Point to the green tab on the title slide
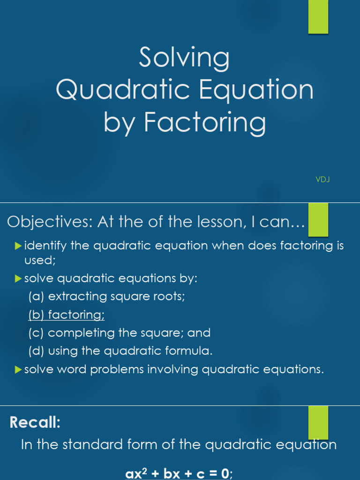318,17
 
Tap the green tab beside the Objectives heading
318,220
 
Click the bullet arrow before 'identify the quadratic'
19,245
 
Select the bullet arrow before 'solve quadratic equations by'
19,279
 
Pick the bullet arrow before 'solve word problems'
19,370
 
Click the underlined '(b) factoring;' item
66,315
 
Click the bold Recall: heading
35,423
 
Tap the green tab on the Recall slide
318,423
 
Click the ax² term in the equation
136,473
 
